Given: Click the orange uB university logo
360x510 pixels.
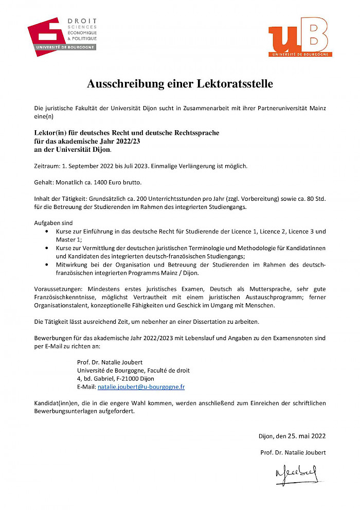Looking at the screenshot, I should pos(298,37).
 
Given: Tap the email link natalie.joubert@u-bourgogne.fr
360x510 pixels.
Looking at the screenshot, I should pos(141,386).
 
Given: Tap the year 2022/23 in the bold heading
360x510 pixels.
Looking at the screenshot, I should pos(121,141).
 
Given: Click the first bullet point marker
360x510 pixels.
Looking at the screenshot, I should pos(48,232).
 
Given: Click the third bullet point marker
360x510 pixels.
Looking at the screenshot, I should pos(48,265).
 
